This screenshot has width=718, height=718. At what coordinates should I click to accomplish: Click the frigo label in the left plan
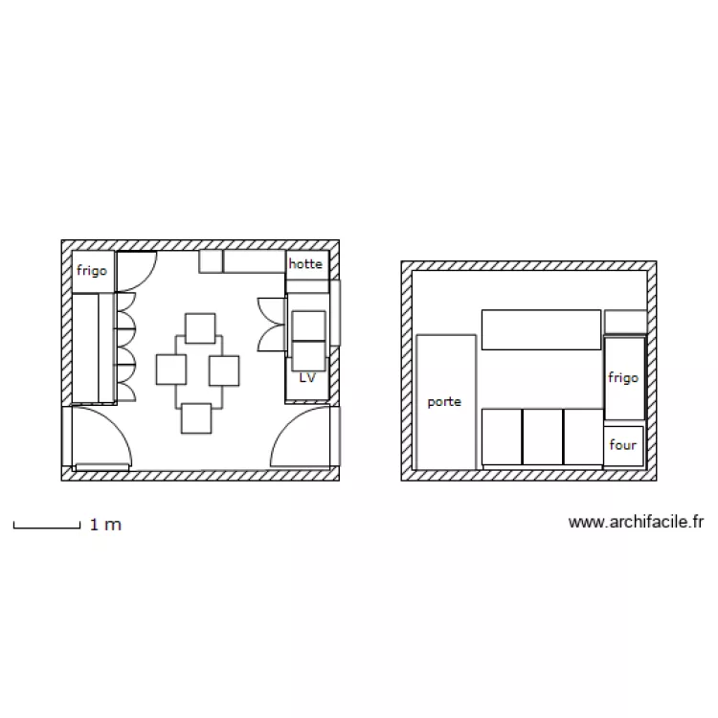pos(92,271)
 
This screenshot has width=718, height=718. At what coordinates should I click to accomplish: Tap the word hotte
pos(305,263)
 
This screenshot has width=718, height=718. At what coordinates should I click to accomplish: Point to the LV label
pos(307,378)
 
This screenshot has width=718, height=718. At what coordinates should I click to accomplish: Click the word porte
pos(444,402)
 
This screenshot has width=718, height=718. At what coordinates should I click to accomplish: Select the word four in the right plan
pos(622,445)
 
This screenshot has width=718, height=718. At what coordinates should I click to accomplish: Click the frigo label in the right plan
pos(622,378)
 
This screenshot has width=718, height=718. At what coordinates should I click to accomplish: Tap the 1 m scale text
pos(105,525)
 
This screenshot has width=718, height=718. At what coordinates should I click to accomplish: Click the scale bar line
pos(46,527)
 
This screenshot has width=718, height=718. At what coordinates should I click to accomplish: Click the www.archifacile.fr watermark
pos(637,522)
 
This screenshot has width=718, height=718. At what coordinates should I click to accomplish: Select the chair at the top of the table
pos(200,328)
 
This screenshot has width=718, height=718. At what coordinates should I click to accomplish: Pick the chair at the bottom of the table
pos(195,418)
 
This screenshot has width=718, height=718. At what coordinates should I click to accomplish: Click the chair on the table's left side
pos(171,370)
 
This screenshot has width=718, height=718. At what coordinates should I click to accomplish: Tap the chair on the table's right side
pos(223,370)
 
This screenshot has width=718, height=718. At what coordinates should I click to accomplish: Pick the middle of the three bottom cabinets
pos(542,437)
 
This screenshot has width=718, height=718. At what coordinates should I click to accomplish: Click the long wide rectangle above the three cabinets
pos(540,329)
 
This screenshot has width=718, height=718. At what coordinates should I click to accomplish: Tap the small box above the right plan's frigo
pos(625,321)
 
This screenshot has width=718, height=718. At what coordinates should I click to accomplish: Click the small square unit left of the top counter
pos(211,261)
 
